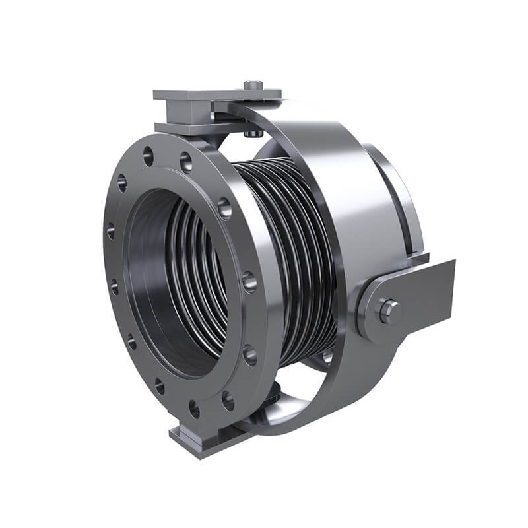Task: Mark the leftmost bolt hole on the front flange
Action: tap(110, 230)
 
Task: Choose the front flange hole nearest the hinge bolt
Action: tap(249, 282)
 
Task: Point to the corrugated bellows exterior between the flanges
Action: tap(290, 251)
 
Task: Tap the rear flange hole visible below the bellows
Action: tap(327, 357)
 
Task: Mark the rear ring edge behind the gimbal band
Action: tap(403, 198)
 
